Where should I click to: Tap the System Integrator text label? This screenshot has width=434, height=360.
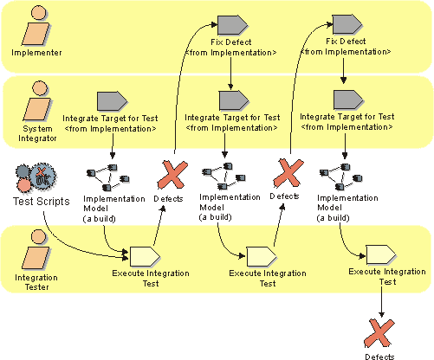coord(37,133)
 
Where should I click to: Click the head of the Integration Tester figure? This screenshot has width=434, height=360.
coord(39,237)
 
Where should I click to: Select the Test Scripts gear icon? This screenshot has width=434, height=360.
coord(36,177)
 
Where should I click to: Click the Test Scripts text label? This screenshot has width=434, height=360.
coord(42,201)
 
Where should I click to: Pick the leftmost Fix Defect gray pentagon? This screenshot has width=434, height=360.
coord(232,25)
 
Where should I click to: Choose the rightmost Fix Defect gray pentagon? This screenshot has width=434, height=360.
coord(347,24)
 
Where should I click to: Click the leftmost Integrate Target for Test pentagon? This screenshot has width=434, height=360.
coord(112,101)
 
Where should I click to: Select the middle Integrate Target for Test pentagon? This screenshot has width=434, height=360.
coord(234,100)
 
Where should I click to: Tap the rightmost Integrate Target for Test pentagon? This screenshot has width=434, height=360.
coord(348,100)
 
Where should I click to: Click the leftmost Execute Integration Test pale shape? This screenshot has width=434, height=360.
coord(145,256)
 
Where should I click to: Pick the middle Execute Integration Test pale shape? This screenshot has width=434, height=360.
coord(262,256)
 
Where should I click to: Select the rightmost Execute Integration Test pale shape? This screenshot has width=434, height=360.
coord(381,255)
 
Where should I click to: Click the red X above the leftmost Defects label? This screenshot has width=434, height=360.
coord(172,175)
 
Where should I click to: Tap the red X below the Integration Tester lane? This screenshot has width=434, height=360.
coord(379,333)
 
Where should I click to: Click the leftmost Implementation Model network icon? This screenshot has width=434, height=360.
coord(108,177)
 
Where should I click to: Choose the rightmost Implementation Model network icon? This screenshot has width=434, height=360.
coord(341,177)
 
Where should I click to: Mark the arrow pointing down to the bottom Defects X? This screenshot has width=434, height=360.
coord(381,301)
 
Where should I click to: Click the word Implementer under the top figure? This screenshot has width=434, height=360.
coord(36,53)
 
